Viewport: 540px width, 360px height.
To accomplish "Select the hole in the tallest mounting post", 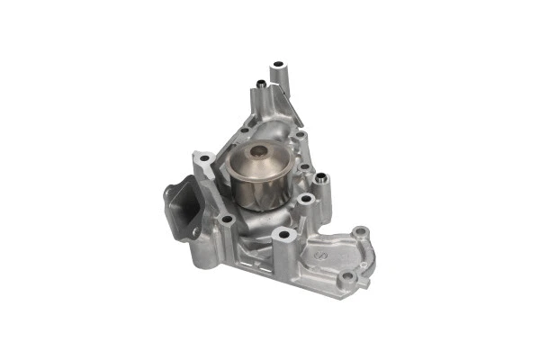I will pyautogui.click(x=278, y=65).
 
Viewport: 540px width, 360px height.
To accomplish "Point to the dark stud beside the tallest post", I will pyautogui.click(x=260, y=85).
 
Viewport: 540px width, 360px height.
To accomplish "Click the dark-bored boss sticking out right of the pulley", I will pyautogui.click(x=319, y=179).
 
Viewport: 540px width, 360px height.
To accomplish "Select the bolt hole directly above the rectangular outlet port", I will pyautogui.click(x=206, y=161).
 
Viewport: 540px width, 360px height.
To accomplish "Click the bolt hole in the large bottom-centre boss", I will pyautogui.click(x=284, y=235).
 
